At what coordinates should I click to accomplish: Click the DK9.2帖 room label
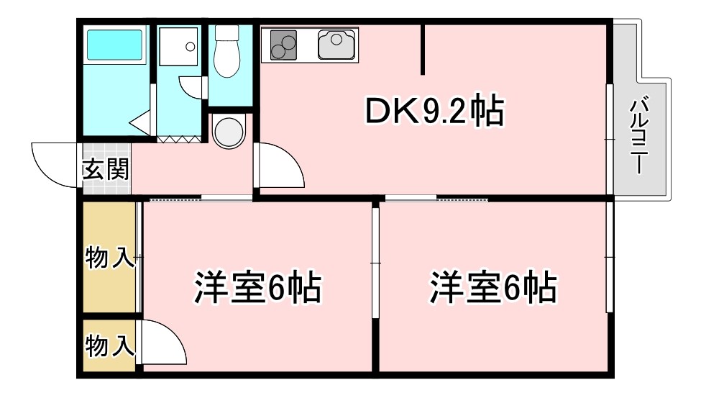point(434,110)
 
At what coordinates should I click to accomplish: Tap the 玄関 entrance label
point(106,169)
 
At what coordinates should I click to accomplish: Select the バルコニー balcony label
point(639,135)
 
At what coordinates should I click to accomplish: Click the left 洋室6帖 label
point(258,287)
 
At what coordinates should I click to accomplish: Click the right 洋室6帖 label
point(493,287)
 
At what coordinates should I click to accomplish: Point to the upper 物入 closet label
point(110,258)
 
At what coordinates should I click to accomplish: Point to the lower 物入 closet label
point(110,345)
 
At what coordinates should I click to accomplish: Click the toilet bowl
point(226,51)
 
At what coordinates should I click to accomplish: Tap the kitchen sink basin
point(336,45)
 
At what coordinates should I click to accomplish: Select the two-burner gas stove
point(283,45)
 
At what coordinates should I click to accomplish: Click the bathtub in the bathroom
point(114,45)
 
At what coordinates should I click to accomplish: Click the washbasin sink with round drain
point(178,46)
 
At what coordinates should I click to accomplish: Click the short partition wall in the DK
point(423,49)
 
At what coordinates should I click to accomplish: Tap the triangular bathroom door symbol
point(140,122)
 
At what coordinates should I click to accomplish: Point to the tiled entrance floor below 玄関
point(107,188)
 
